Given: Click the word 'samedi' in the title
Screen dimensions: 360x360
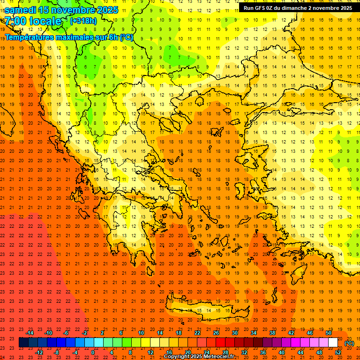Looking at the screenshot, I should [x=21, y=9].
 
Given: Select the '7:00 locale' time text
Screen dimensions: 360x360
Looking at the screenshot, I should [x=33, y=21].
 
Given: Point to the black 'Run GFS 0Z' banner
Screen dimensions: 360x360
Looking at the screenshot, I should [x=298, y=7].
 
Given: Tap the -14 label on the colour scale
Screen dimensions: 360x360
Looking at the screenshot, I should [x=30, y=332].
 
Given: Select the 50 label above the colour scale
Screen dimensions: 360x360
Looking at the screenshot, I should [x=329, y=332].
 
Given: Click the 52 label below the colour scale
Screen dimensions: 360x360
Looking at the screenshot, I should [x=338, y=352].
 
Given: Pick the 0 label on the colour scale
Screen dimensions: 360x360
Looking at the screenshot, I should [x=93, y=352].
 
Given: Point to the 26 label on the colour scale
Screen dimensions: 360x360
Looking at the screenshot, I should [x=216, y=332].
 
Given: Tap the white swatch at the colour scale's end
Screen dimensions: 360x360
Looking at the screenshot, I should [x=333, y=343].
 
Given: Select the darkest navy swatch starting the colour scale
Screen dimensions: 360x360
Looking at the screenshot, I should [x=23, y=343].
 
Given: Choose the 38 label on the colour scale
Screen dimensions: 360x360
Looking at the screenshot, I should [x=272, y=332].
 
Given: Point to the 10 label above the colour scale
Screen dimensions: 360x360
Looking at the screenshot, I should [x=141, y=332].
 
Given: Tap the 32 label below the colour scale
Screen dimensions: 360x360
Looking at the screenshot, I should [x=244, y=352].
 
